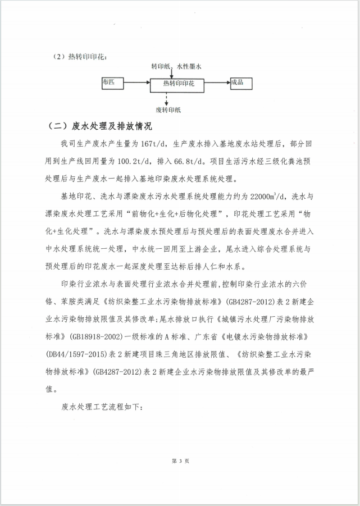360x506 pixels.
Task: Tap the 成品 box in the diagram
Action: [x=241, y=83]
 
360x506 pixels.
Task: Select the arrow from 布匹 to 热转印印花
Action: [x=140, y=84]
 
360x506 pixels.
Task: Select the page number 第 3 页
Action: [x=180, y=461]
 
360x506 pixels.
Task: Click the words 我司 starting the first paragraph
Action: [x=66, y=144]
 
